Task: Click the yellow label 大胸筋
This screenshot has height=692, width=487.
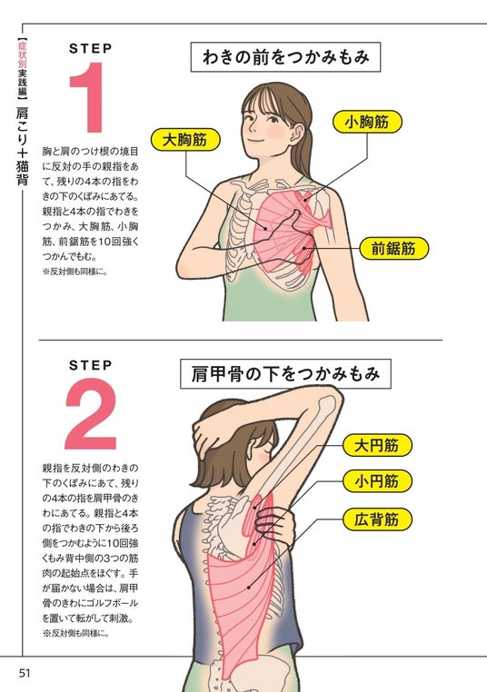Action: [185, 140]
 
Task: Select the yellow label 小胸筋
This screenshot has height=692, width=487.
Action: [367, 122]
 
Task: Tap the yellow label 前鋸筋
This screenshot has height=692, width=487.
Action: [393, 249]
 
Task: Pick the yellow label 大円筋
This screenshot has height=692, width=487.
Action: [377, 445]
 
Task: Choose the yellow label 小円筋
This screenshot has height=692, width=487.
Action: [377, 481]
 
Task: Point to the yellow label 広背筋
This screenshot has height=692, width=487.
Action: [377, 519]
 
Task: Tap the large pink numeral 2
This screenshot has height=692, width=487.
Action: [91, 413]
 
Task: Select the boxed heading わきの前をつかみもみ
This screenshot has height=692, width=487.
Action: [285, 57]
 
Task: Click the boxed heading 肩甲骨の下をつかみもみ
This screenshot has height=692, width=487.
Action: [285, 374]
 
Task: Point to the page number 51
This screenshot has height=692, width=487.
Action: [25, 673]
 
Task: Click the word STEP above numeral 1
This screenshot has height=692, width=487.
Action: [91, 48]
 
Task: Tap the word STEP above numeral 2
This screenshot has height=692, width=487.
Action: [91, 365]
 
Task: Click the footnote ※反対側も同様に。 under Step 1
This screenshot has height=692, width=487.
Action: [75, 272]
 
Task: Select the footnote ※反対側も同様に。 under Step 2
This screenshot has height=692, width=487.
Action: [76, 633]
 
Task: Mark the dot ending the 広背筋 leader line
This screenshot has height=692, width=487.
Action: [250, 588]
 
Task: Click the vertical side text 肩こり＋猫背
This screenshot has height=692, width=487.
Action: [22, 146]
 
